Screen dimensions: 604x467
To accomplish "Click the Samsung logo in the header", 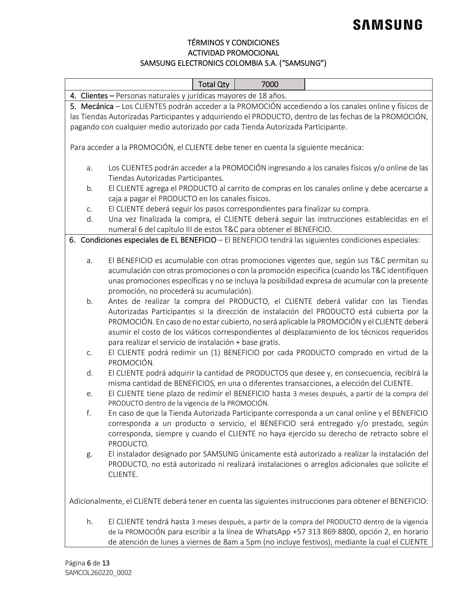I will (x=387, y=25).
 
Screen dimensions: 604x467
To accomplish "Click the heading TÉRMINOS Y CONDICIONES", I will (x=233, y=43).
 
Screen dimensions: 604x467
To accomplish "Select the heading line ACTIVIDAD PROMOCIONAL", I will (x=233, y=53).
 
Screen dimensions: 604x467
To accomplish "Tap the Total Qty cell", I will (x=214, y=84).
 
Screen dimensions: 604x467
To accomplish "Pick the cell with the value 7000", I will (x=270, y=84).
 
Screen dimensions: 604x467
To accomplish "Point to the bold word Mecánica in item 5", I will (x=97, y=107).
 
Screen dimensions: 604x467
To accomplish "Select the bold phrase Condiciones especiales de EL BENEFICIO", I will (x=148, y=240).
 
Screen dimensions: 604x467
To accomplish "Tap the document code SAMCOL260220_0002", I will (x=98, y=573).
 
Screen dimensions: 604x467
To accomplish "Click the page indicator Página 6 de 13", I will (x=87, y=563).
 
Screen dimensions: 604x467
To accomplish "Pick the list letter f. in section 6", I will (x=88, y=413).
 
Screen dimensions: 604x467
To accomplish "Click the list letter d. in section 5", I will (x=89, y=219).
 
